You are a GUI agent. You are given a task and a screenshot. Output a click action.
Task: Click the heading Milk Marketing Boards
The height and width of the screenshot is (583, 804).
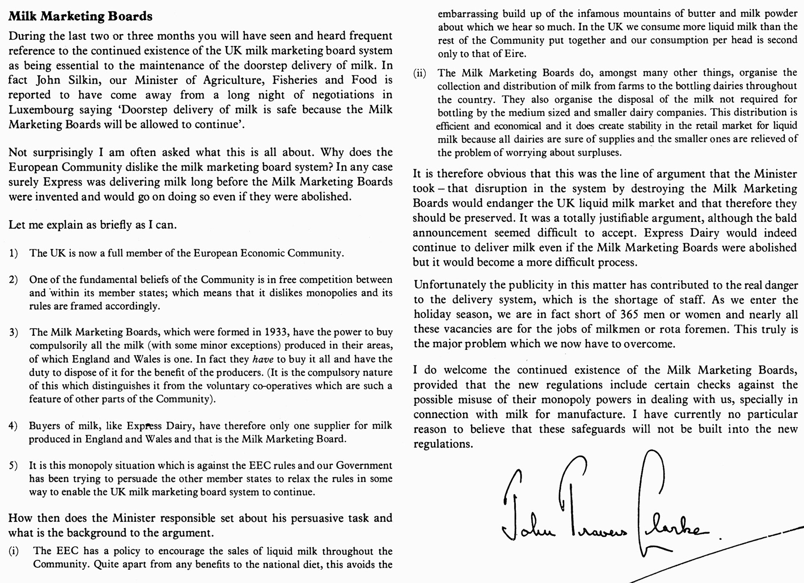pos(80,16)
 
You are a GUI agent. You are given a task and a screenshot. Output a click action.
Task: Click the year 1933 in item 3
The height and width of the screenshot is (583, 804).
pos(276,333)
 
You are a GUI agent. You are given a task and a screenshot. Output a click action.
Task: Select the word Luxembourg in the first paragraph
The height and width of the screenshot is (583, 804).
pos(34,110)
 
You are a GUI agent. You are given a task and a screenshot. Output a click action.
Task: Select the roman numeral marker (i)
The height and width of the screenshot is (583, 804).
pos(13,551)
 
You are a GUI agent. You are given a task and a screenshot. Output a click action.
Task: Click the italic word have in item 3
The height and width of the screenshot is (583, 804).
pos(263,359)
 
